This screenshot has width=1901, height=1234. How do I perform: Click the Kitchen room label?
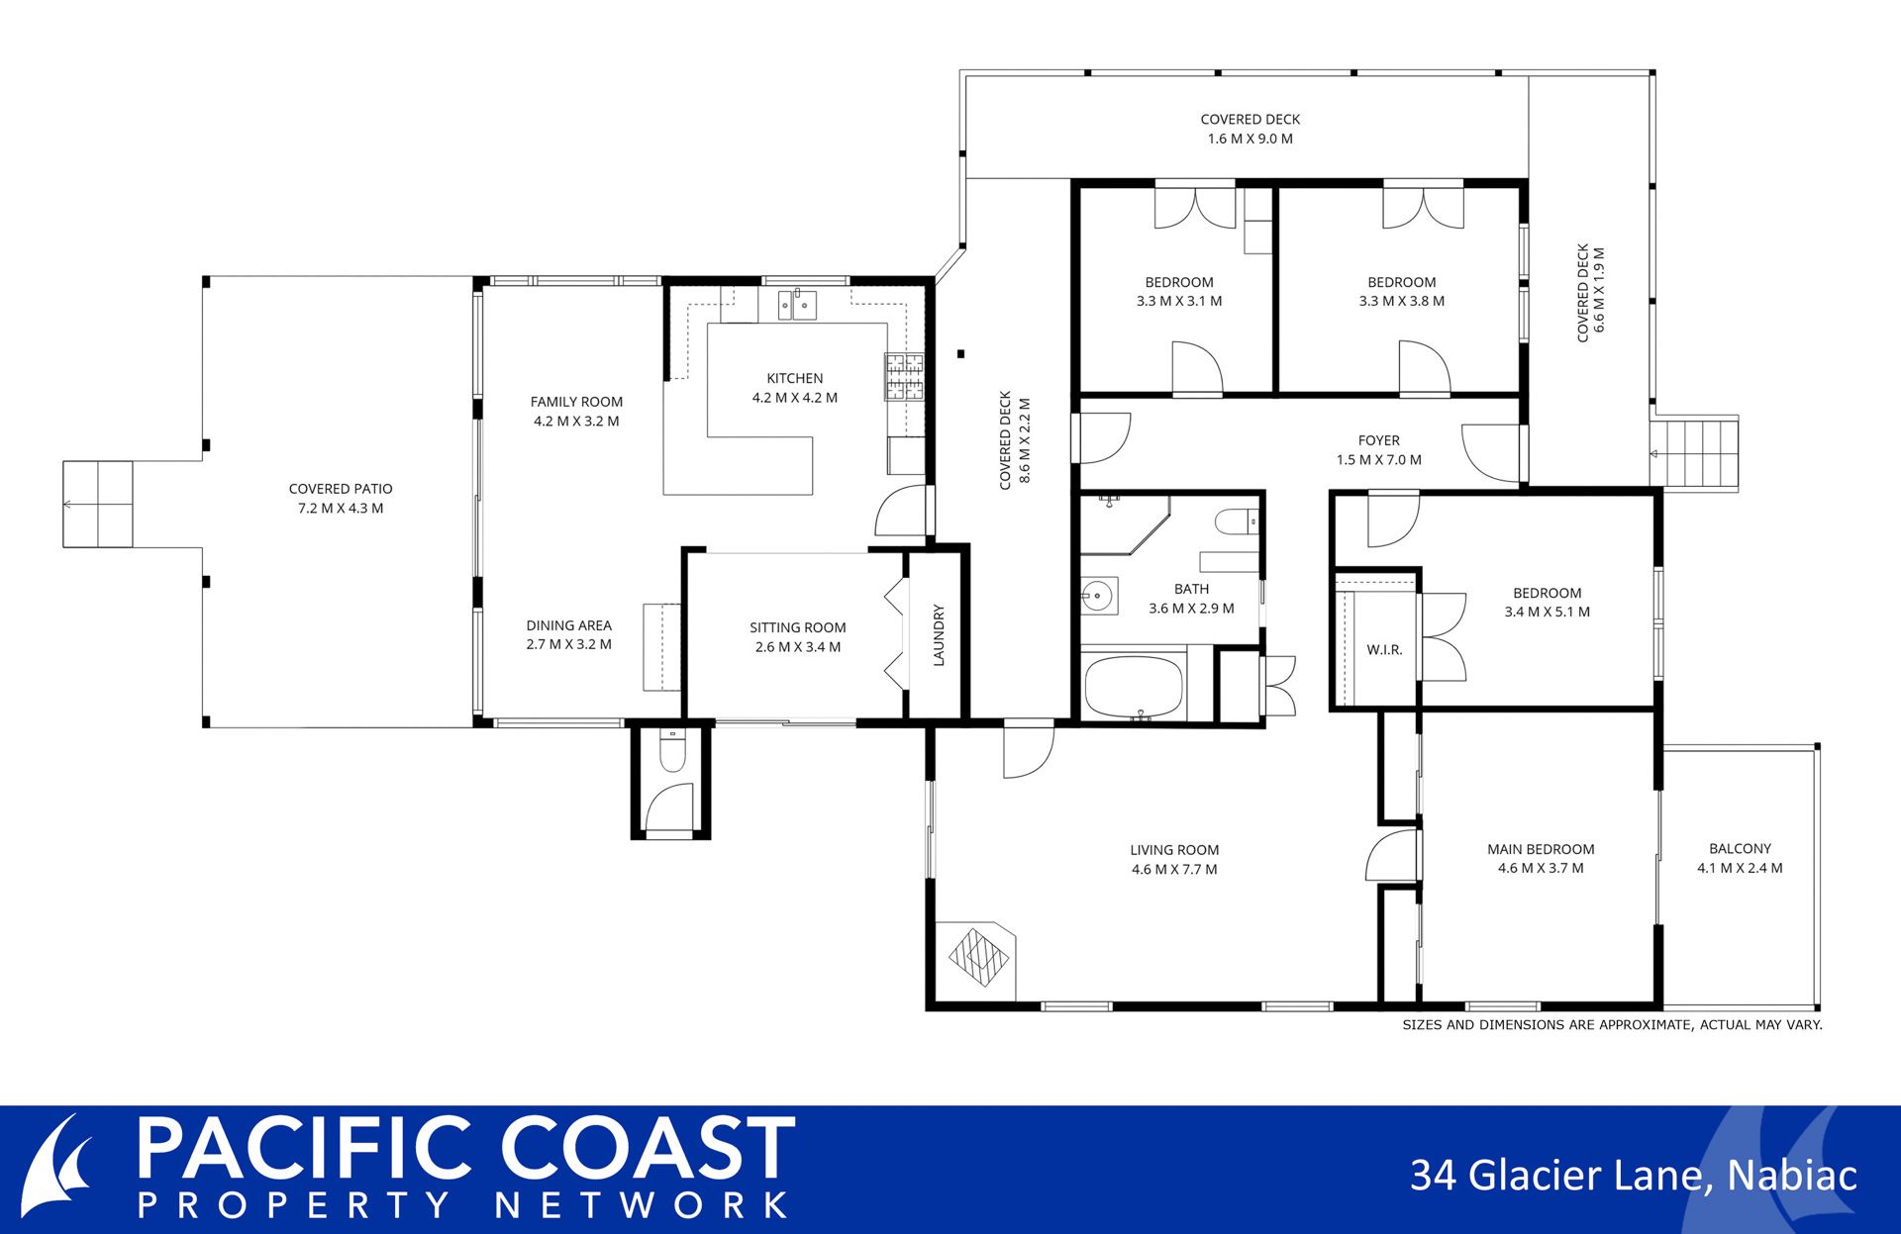coord(795,378)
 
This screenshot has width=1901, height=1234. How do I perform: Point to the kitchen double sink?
coord(797,305)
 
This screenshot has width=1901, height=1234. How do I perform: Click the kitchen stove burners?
coord(904,377)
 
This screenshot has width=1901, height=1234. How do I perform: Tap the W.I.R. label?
coord(1384,649)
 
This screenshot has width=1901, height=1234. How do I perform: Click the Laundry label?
coord(939,635)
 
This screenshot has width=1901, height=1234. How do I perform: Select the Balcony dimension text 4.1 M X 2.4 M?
coord(1740,868)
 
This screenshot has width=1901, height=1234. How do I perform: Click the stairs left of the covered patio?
coord(98,504)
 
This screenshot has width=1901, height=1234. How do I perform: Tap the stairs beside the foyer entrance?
coord(1694,453)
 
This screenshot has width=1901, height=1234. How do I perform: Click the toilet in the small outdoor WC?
coord(672,752)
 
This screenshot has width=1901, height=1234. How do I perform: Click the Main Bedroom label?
coord(1541,849)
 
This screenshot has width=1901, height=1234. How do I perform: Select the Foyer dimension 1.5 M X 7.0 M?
coord(1379,460)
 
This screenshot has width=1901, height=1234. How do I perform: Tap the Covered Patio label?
coord(341,489)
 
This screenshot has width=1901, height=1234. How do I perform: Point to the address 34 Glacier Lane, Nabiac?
coord(1634,1176)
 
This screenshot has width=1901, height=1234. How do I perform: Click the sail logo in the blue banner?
coord(57,1168)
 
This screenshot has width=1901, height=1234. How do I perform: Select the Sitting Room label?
coord(798,627)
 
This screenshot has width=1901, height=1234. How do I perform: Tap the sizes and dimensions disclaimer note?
coord(1612,1025)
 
